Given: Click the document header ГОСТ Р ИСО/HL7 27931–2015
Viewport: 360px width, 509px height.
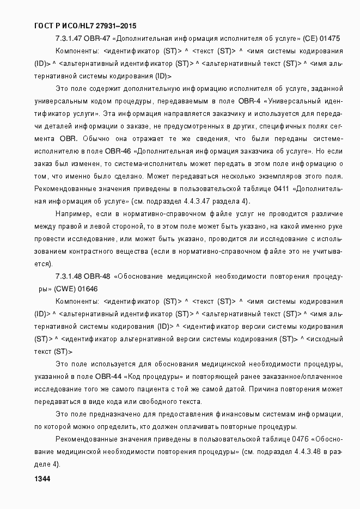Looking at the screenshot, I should click(x=86, y=26).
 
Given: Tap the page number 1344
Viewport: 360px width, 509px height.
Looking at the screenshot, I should click(x=42, y=479).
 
